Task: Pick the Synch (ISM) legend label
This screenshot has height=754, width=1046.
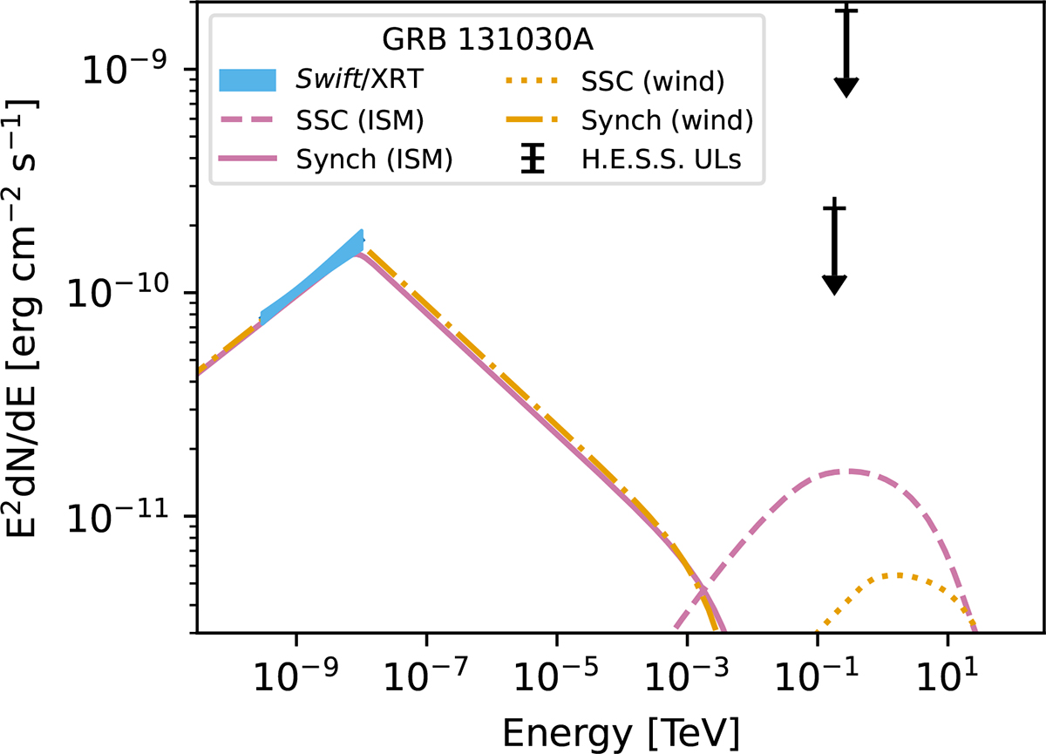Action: [374, 160]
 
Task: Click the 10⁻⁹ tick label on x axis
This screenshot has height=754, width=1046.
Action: [296, 675]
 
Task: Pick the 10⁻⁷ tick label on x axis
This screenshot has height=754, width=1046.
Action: [426, 675]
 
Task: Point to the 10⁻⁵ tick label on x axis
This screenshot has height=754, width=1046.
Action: [556, 675]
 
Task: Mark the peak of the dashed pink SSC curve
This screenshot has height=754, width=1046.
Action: [847, 471]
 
